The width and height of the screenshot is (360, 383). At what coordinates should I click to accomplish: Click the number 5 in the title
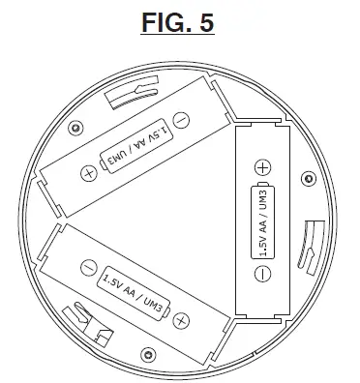pos(205,21)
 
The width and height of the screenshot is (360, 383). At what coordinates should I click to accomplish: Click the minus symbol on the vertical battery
pos(263,274)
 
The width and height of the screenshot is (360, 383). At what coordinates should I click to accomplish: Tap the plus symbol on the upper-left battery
pos(89,173)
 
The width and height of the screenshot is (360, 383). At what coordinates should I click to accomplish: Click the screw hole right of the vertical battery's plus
pos(308,177)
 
